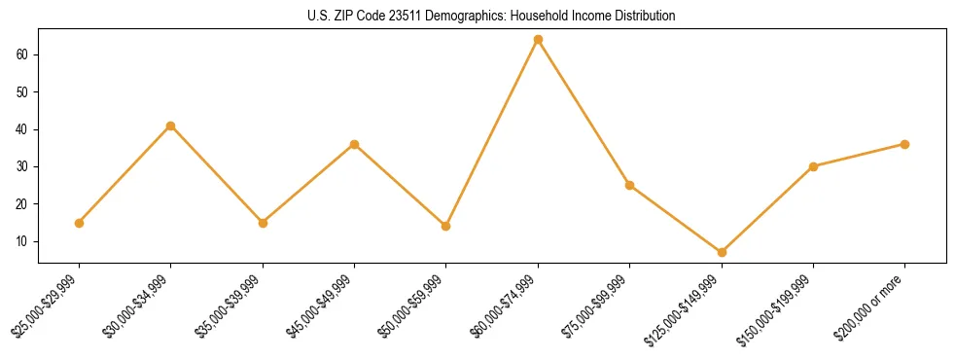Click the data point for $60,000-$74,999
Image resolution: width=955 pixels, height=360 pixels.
pyautogui.click(x=538, y=40)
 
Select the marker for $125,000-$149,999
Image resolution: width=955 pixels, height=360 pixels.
pyautogui.click(x=722, y=252)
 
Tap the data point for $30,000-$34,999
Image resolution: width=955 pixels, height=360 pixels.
pyautogui.click(x=170, y=126)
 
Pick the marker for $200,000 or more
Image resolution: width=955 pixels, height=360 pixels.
pyautogui.click(x=904, y=144)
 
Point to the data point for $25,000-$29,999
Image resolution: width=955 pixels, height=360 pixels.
pyautogui.click(x=79, y=223)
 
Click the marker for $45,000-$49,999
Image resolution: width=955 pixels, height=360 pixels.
pyautogui.click(x=354, y=144)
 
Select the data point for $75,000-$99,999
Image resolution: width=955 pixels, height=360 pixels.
pyautogui.click(x=629, y=185)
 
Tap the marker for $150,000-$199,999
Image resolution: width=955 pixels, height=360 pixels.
pyautogui.click(x=813, y=166)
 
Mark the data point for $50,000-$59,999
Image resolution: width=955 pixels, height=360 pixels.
pyautogui.click(x=445, y=226)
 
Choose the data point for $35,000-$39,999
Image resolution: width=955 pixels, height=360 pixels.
pyautogui.click(x=263, y=223)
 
